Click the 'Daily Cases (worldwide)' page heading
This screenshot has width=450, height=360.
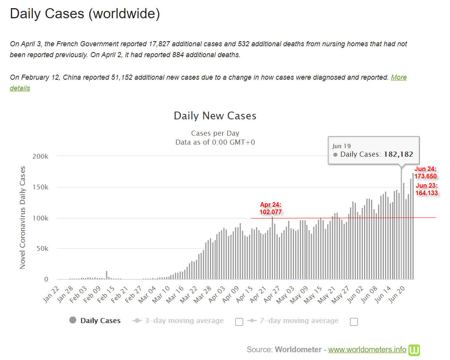click(x=85, y=14)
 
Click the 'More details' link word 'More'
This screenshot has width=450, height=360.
click(x=399, y=77)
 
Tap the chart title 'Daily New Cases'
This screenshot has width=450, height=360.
click(x=215, y=115)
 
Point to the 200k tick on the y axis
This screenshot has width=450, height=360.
click(x=40, y=156)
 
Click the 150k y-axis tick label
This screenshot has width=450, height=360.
click(x=40, y=187)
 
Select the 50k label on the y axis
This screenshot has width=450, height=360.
click(x=42, y=249)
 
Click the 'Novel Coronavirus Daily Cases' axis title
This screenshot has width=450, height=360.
click(x=23, y=217)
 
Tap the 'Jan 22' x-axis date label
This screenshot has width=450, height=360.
click(x=51, y=294)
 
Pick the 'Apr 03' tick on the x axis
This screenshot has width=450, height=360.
click(x=217, y=294)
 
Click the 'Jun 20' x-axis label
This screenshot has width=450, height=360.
click(x=396, y=294)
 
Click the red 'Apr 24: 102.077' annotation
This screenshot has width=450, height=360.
click(x=271, y=208)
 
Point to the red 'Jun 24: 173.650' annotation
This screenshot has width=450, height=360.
click(x=425, y=173)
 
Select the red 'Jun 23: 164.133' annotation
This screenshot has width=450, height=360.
click(x=427, y=189)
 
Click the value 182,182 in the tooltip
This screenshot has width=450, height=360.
click(x=398, y=154)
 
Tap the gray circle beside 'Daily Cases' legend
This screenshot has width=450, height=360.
click(x=73, y=320)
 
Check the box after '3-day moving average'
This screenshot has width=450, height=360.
click(x=239, y=322)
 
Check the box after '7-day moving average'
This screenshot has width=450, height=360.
click(x=354, y=322)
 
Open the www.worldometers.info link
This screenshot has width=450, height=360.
click(x=367, y=350)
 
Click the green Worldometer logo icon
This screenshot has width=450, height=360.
click(x=414, y=350)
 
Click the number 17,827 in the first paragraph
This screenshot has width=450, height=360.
click(x=159, y=44)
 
